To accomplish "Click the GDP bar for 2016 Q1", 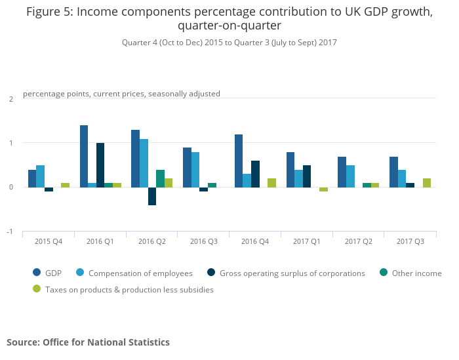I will tap(84, 156).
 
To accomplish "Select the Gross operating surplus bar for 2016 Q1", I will tap(100, 165).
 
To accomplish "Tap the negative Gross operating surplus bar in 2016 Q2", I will tap(152, 196).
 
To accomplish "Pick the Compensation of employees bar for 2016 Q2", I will tap(144, 163).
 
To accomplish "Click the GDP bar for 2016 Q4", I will tap(239, 161).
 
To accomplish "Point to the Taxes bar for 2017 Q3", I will tap(427, 183).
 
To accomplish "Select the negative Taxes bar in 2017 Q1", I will tap(323, 190).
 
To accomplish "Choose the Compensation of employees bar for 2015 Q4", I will tap(41, 176).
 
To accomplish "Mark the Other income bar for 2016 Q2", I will tap(160, 178).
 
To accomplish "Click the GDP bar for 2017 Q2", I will tap(342, 172).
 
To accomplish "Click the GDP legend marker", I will tap(37, 273).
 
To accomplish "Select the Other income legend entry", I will tap(416, 273).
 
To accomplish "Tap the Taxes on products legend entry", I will tap(129, 289).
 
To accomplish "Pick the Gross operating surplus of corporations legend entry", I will tap(292, 273).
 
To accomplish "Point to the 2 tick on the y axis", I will tap(11, 99).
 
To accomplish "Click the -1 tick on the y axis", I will tap(10, 232).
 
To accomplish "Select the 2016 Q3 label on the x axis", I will tap(203, 241).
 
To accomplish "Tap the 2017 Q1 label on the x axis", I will tap(306, 241).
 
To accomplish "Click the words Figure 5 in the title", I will tap(48, 12).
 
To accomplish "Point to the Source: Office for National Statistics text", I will tap(88, 342).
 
